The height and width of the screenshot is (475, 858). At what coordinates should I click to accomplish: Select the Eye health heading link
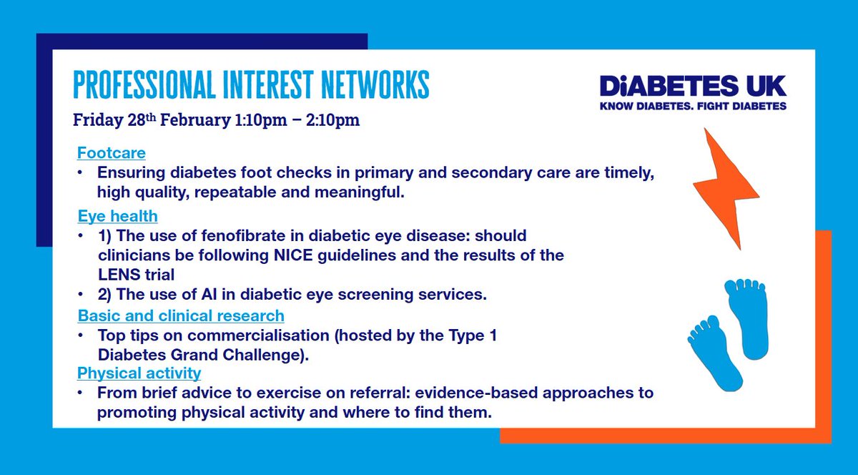(117, 215)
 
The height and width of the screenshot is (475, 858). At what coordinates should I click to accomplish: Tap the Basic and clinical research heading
(180, 315)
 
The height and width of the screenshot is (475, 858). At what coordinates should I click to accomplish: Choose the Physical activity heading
(139, 373)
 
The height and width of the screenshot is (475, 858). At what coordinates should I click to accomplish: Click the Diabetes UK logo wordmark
(693, 86)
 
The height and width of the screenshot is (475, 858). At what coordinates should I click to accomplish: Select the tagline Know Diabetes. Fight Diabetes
(693, 106)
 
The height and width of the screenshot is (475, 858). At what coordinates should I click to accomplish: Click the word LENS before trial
(118, 273)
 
